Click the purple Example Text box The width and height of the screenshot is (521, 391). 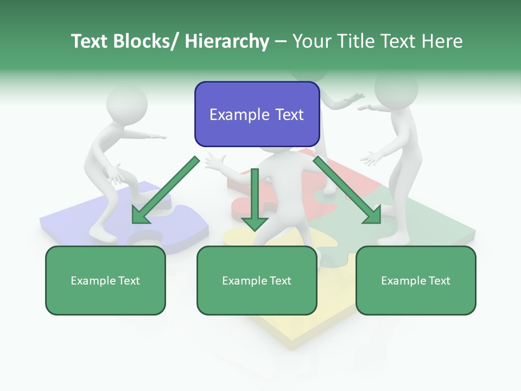257,114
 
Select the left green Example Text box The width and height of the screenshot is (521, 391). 105,280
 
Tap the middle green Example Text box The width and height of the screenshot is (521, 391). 257,280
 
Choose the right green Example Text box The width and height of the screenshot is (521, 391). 416,280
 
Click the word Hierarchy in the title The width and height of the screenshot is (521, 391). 227,41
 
